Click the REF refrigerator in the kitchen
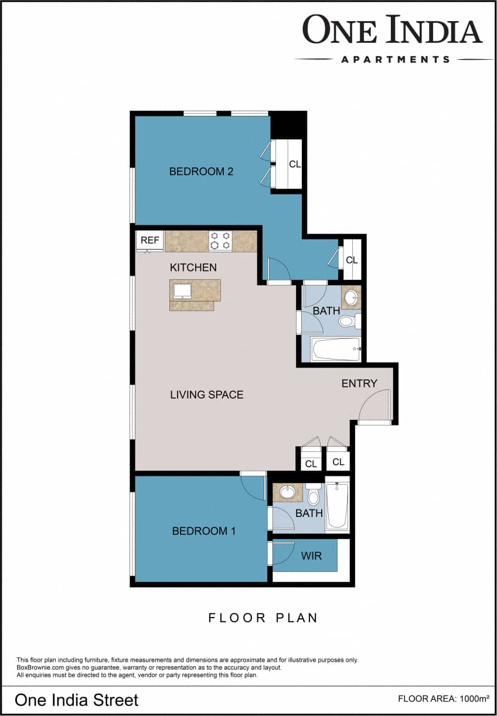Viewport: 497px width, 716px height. click(x=150, y=241)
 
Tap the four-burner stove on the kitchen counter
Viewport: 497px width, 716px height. click(x=220, y=241)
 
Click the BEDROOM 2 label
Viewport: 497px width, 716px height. click(x=201, y=172)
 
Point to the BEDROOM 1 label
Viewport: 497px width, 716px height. click(x=203, y=531)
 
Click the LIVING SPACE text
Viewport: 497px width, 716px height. click(x=206, y=395)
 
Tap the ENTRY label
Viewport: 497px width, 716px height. click(x=359, y=383)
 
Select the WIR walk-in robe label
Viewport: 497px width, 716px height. click(x=311, y=556)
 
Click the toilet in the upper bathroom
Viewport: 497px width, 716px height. click(x=348, y=320)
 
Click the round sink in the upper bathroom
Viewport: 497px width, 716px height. click(x=350, y=297)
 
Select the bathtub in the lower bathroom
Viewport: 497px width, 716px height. click(x=337, y=505)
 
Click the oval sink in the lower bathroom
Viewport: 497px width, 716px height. click(x=288, y=492)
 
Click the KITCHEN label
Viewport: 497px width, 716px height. click(x=193, y=268)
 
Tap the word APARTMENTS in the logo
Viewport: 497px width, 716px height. click(x=395, y=59)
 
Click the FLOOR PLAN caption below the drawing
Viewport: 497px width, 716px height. click(x=263, y=618)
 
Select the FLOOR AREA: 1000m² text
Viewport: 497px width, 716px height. click(x=443, y=698)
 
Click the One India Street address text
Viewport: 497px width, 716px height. click(x=76, y=700)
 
